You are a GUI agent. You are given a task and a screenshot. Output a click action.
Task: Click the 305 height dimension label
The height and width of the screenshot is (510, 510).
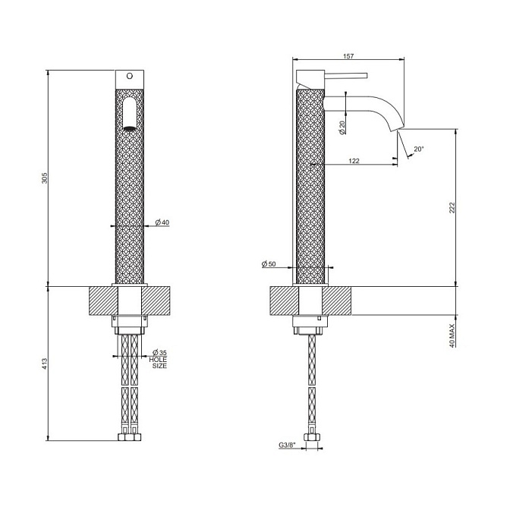[x=45, y=178]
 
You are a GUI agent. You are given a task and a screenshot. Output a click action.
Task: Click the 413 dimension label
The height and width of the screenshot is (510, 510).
[x=45, y=364]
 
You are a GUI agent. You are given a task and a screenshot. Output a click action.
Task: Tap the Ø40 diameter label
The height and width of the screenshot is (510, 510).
[x=162, y=222]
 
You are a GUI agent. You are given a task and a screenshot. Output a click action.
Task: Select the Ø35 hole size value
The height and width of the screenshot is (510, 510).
[x=159, y=353]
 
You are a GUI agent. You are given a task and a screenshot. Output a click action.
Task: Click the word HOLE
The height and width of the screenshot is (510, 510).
[x=158, y=360]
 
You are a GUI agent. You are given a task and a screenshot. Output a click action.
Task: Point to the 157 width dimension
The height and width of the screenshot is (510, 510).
[x=348, y=56]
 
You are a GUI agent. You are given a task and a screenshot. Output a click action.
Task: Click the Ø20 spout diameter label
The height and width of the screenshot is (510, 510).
[x=342, y=127]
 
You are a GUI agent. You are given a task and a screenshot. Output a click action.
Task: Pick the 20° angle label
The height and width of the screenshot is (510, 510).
[x=419, y=149]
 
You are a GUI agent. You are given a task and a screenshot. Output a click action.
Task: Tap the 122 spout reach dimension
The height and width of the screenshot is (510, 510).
[x=354, y=161]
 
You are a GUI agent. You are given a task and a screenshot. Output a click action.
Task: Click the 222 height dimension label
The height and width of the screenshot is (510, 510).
[x=452, y=207]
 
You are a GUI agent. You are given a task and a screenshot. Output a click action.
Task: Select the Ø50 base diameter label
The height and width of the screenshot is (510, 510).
[x=269, y=264]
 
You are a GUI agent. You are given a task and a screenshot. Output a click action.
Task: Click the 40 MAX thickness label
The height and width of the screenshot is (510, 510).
[x=452, y=335]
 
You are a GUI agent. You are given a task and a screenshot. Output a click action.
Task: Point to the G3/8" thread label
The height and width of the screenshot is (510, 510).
[x=287, y=445]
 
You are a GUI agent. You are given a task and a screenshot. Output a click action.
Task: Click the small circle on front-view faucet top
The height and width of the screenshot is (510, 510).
[x=130, y=76]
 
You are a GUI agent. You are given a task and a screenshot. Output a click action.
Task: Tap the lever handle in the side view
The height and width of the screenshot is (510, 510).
[x=346, y=75]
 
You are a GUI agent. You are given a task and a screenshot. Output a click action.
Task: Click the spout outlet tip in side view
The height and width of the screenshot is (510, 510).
[x=398, y=129]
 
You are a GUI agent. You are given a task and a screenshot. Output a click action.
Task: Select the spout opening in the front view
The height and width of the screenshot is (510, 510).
[x=130, y=128]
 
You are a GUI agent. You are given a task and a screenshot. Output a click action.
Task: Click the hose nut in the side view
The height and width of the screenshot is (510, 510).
[x=312, y=437]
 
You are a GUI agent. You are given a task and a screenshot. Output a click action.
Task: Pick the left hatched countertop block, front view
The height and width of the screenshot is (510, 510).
[x=103, y=301]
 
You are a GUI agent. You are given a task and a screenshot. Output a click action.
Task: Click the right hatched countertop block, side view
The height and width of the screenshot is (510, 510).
[x=337, y=301]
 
